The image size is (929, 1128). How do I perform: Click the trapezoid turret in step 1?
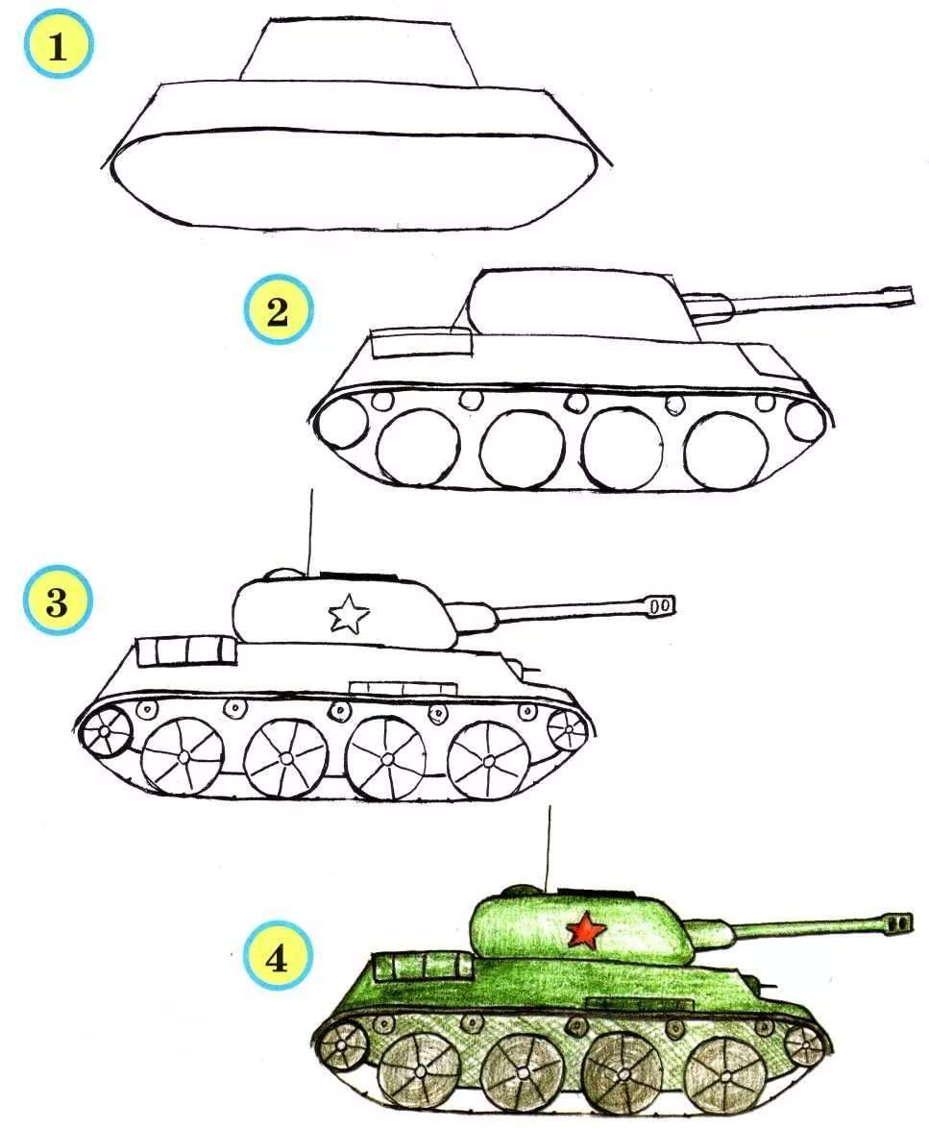(357, 50)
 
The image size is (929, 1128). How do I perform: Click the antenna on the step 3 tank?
(310, 532)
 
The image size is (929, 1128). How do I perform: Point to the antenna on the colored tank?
(549, 848)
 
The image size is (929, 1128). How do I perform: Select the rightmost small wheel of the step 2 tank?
(804, 421)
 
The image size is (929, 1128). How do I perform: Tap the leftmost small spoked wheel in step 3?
(106, 731)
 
